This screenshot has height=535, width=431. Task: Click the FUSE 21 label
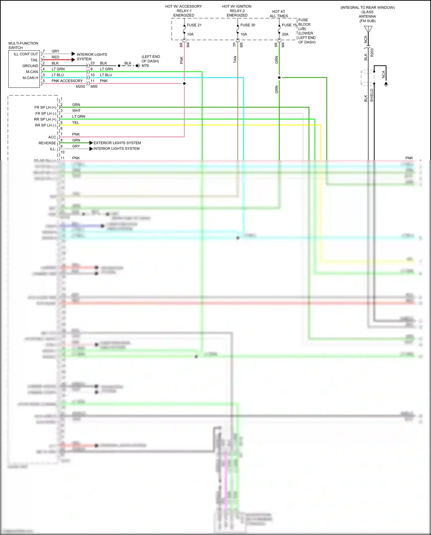click(194, 25)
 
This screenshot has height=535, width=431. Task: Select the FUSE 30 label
click(248, 25)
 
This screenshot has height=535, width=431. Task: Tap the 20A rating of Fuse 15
click(285, 34)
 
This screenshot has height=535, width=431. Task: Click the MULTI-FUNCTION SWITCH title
click(23, 45)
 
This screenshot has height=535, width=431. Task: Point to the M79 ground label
click(145, 66)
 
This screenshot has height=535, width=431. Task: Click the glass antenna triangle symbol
click(368, 29)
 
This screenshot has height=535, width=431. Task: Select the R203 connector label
click(372, 52)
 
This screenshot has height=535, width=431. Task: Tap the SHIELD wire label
click(372, 95)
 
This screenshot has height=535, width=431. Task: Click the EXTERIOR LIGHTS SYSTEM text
click(117, 143)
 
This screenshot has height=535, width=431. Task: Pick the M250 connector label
click(80, 87)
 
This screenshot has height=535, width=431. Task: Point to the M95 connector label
click(94, 87)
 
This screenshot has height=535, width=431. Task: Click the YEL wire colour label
click(76, 122)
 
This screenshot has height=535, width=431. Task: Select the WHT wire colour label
click(76, 111)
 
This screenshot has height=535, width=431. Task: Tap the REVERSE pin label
click(47, 143)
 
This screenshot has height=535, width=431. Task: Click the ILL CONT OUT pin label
click(26, 54)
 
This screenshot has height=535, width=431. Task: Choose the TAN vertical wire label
click(235, 60)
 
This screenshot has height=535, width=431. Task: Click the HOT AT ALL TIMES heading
click(279, 14)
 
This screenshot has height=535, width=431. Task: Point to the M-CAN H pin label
click(30, 78)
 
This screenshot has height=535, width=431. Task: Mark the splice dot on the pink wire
click(184, 83)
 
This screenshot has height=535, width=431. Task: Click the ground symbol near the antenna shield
click(386, 85)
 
